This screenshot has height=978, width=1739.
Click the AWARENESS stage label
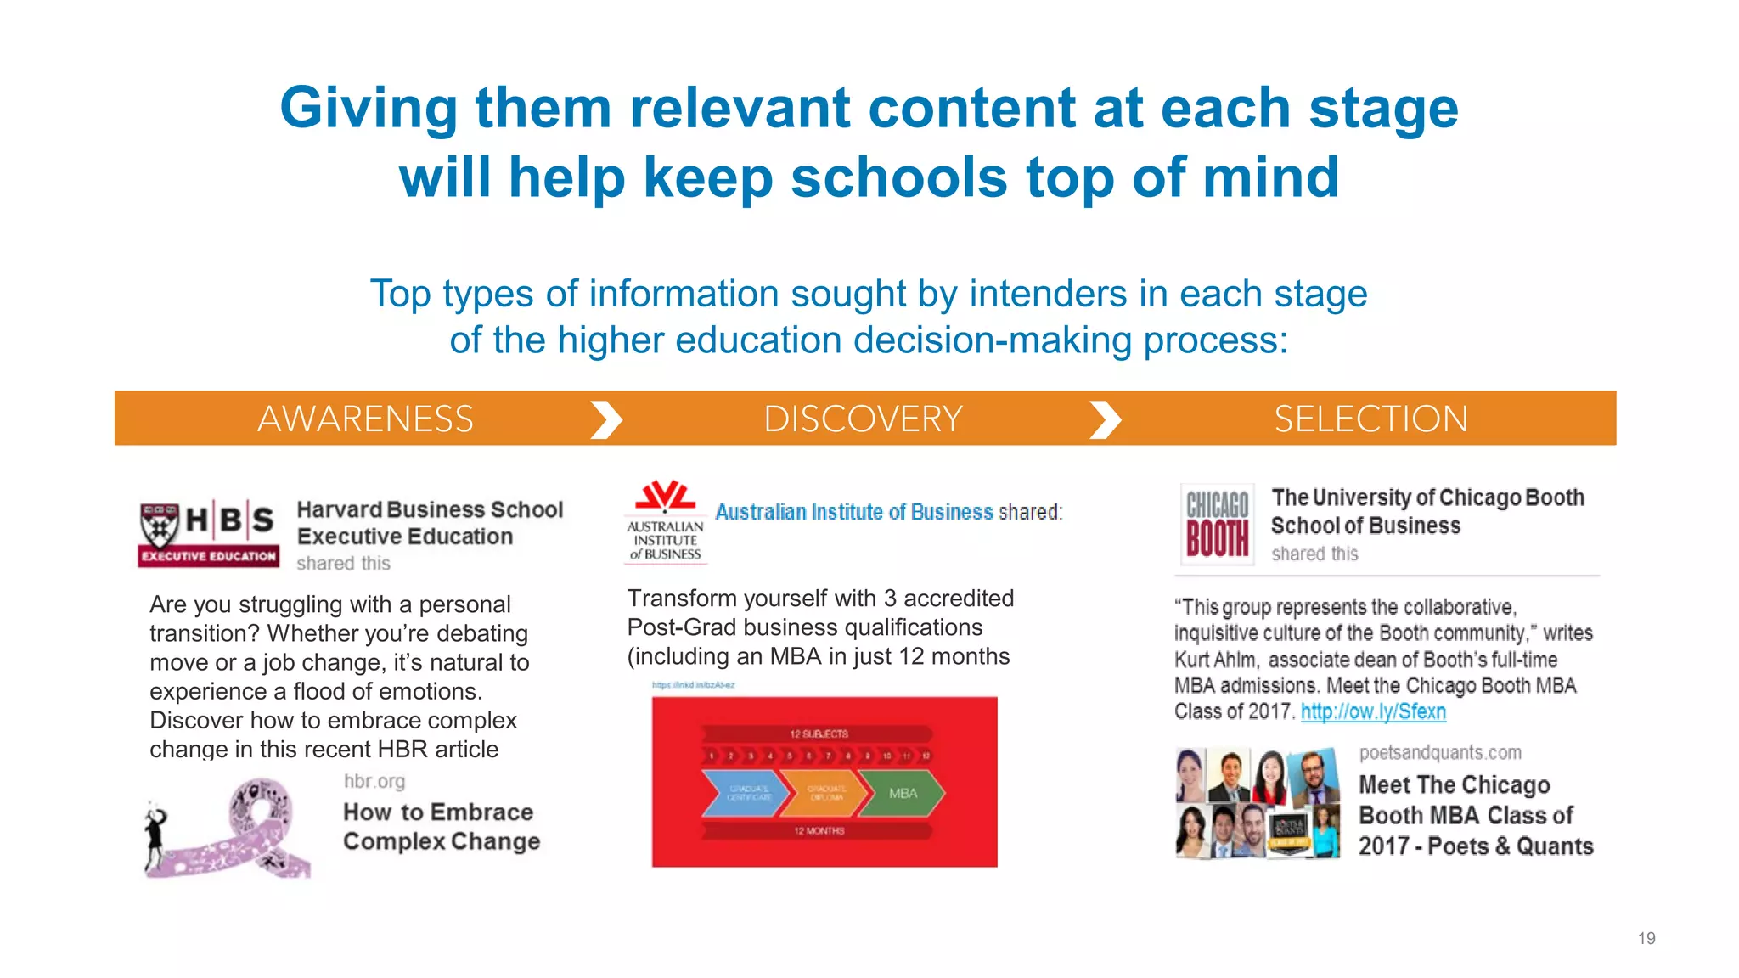[x=365, y=419]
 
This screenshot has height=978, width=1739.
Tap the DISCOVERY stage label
[x=863, y=419]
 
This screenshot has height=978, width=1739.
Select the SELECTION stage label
[x=1370, y=419]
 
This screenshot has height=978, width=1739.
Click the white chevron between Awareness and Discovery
[x=606, y=419]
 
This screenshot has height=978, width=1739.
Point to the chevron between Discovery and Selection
[x=1105, y=419]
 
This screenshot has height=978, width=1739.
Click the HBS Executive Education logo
[x=209, y=532]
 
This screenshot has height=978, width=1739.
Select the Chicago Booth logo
[x=1218, y=525]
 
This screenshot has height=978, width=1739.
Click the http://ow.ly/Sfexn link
[x=1373, y=711]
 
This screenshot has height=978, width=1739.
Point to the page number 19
[x=1646, y=938]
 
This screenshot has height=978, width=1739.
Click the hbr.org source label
[x=374, y=781]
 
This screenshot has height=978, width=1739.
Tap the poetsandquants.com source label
[x=1440, y=752]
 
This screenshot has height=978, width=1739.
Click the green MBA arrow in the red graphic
[x=903, y=793]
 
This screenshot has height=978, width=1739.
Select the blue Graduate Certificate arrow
[x=745, y=793]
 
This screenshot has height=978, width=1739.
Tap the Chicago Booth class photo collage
[x=1258, y=803]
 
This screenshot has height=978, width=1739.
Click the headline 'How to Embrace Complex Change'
[x=442, y=827]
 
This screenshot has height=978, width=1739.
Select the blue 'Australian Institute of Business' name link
[x=853, y=512]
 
